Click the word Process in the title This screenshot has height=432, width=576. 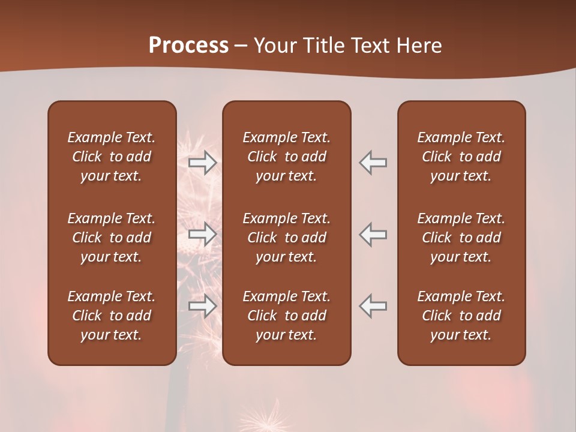click(x=188, y=46)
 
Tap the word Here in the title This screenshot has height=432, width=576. click(x=419, y=46)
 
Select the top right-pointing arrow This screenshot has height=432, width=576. click(x=202, y=163)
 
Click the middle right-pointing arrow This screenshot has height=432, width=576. click(x=202, y=234)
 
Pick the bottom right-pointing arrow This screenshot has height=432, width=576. click(x=202, y=306)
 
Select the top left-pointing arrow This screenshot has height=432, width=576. click(x=373, y=163)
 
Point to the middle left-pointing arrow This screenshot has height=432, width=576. click(x=373, y=234)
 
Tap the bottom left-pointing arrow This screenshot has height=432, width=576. click(x=373, y=306)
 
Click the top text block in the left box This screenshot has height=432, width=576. click(x=112, y=157)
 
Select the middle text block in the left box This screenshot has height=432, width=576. click(x=112, y=238)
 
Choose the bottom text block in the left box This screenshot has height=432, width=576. click(x=112, y=316)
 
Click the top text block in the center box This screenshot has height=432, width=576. click(x=286, y=157)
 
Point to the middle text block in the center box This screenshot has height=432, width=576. click(x=286, y=238)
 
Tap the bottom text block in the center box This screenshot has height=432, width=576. click(x=286, y=316)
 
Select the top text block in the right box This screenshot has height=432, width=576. click(x=461, y=157)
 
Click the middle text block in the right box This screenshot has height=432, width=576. click(x=461, y=238)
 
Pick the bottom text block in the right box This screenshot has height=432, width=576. click(x=461, y=316)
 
